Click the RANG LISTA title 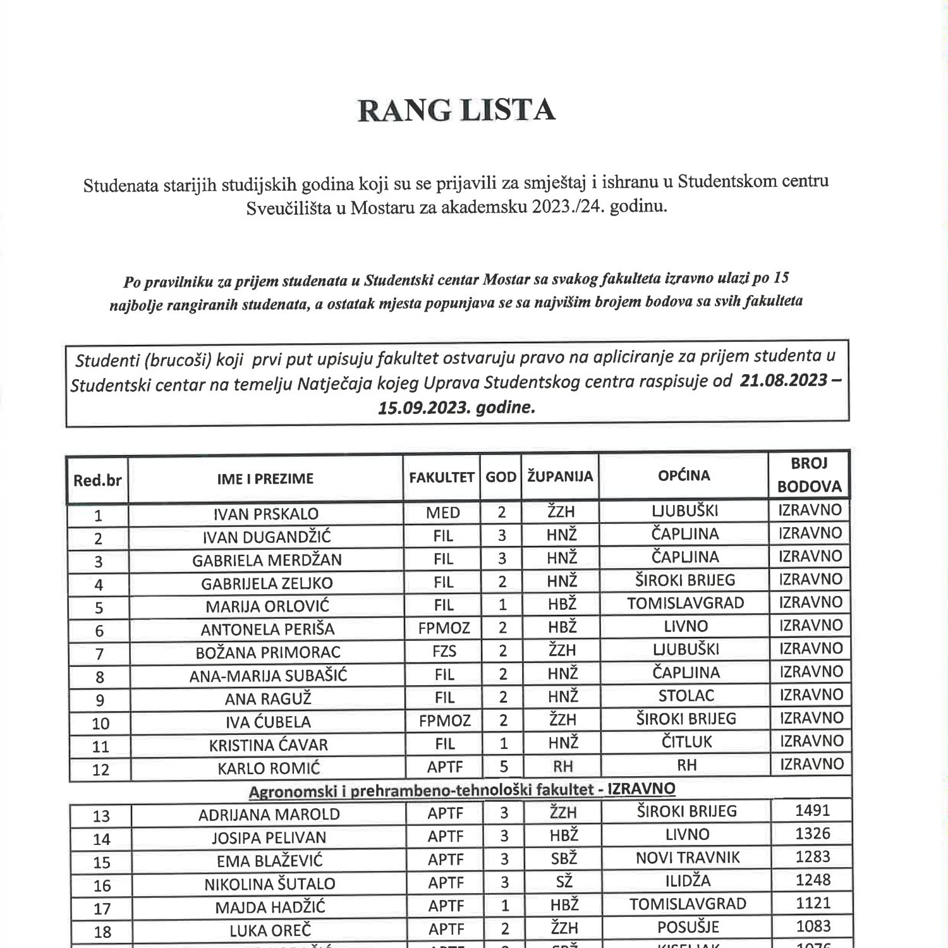pyautogui.click(x=456, y=110)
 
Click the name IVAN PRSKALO pyautogui.click(x=265, y=514)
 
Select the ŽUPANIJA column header pyautogui.click(x=560, y=477)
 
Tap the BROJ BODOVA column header pyautogui.click(x=809, y=475)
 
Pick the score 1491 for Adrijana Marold pyautogui.click(x=812, y=811)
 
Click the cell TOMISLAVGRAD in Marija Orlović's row pyautogui.click(x=685, y=603)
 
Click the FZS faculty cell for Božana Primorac pyautogui.click(x=444, y=650)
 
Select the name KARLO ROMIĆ pyautogui.click(x=269, y=769)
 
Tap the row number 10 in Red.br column pyautogui.click(x=100, y=723)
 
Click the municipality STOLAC pyautogui.click(x=686, y=696)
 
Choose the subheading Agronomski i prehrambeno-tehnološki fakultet pyautogui.click(x=461, y=790)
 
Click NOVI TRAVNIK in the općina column pyautogui.click(x=688, y=858)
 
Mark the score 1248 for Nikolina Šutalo pyautogui.click(x=813, y=880)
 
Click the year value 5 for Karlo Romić pyautogui.click(x=503, y=766)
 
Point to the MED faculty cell pyautogui.click(x=442, y=512)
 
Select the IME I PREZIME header pyautogui.click(x=265, y=478)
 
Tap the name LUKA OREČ pyautogui.click(x=270, y=930)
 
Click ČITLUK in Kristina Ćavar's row pyautogui.click(x=686, y=742)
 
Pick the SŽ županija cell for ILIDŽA pyautogui.click(x=562, y=881)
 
